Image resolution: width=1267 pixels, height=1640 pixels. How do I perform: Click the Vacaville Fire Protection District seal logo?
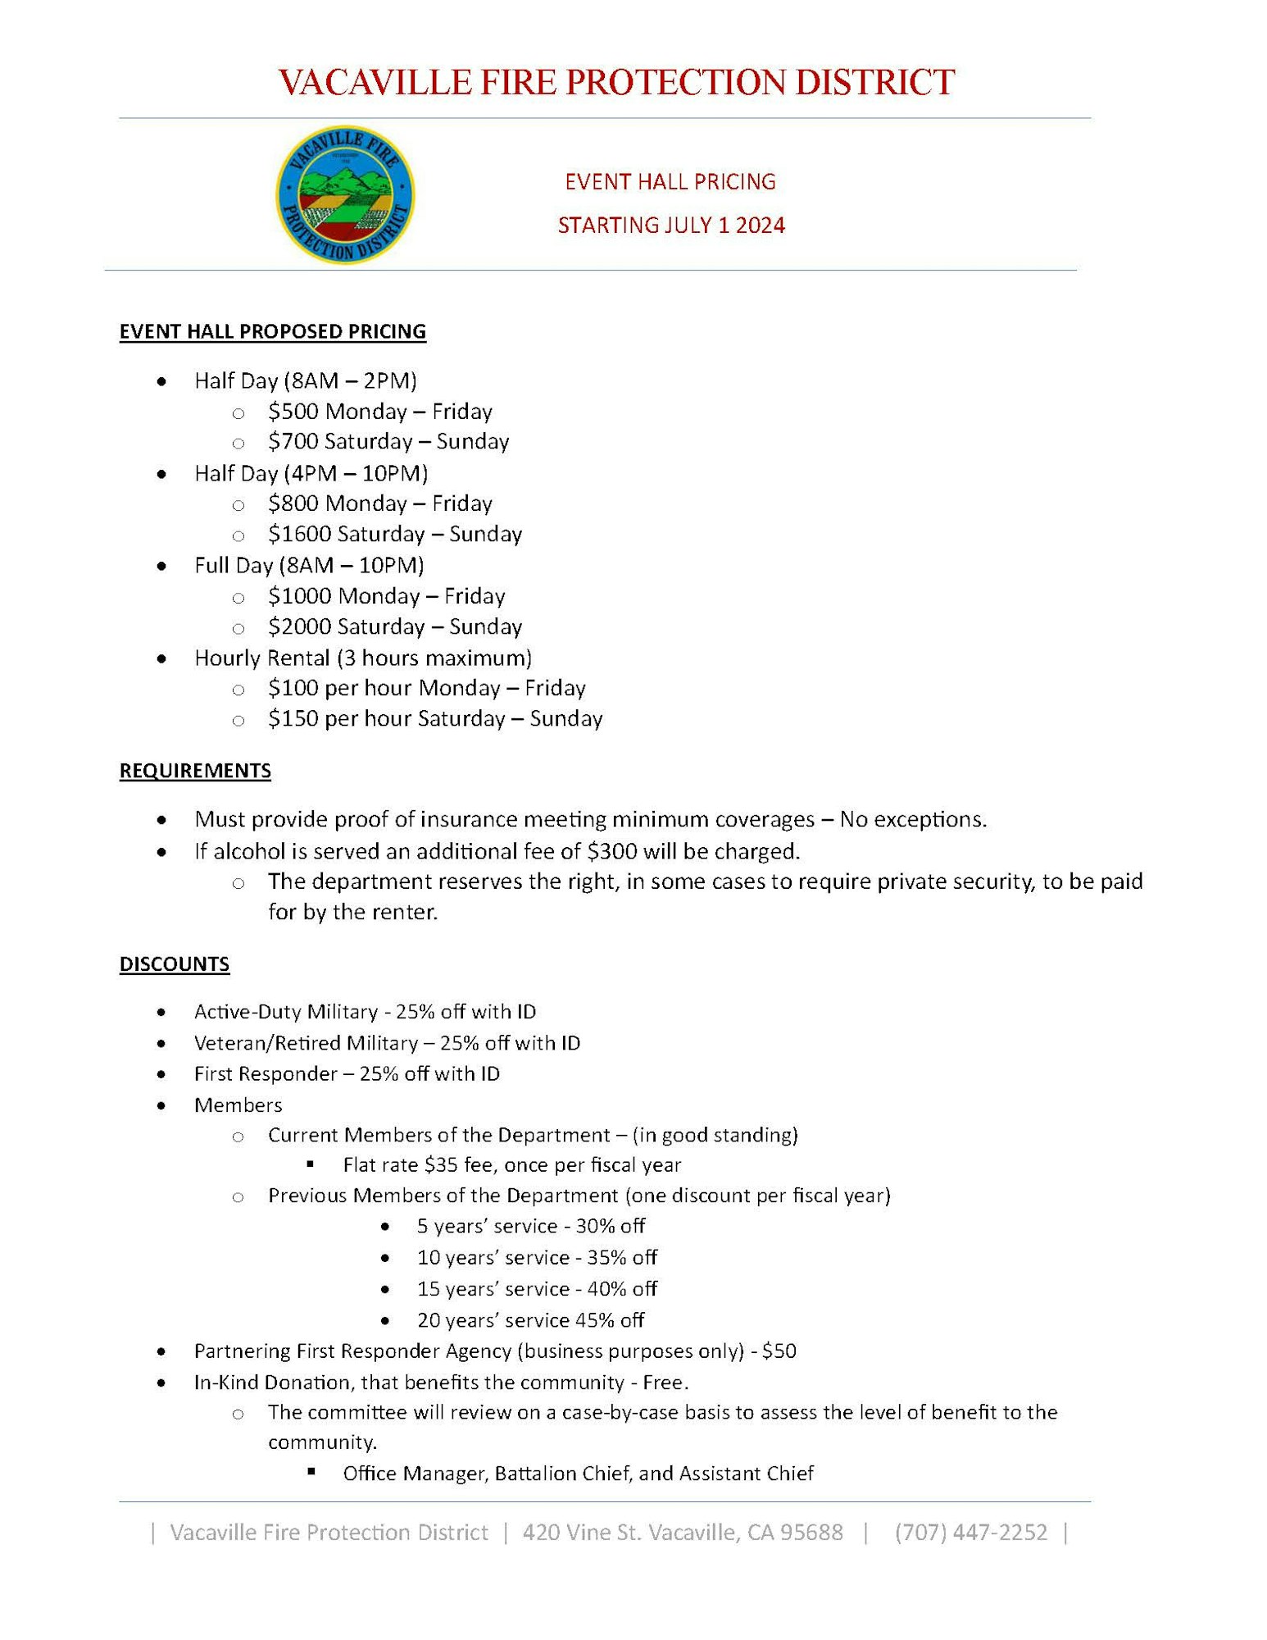point(345,195)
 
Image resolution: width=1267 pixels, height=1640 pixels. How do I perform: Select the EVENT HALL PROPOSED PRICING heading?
point(273,331)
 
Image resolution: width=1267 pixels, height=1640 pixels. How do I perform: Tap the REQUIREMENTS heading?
point(195,771)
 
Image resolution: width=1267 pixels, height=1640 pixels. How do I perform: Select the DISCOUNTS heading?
point(175,963)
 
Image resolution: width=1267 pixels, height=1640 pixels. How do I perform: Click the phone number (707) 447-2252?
point(971,1533)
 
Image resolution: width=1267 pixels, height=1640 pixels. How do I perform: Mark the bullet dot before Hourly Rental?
point(161,658)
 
